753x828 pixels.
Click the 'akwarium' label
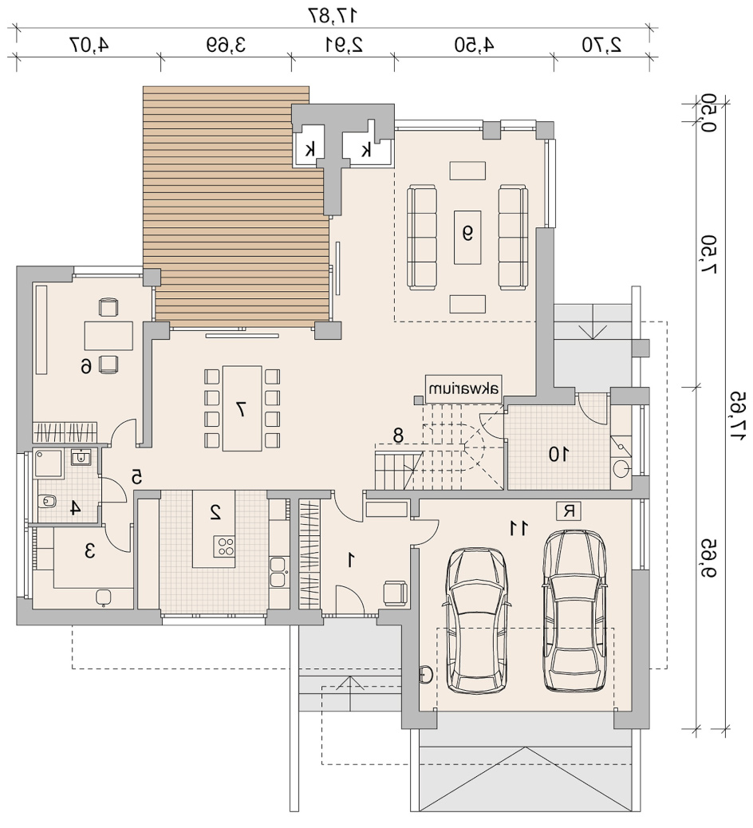463,390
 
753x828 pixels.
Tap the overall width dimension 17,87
333,15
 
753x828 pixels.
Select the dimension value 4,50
474,45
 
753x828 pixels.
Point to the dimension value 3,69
227,45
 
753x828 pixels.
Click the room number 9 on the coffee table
468,233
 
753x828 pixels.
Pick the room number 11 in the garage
518,527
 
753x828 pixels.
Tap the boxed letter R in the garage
569,511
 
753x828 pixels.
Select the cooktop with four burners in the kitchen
224,546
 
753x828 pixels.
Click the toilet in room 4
48,501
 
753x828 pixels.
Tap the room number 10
558,454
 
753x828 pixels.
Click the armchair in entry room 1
395,593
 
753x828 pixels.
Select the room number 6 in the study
87,365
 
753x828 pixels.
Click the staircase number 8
398,436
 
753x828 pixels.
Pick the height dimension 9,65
708,558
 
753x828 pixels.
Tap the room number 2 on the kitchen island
215,511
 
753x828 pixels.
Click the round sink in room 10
622,468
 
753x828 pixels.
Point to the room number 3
90,551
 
